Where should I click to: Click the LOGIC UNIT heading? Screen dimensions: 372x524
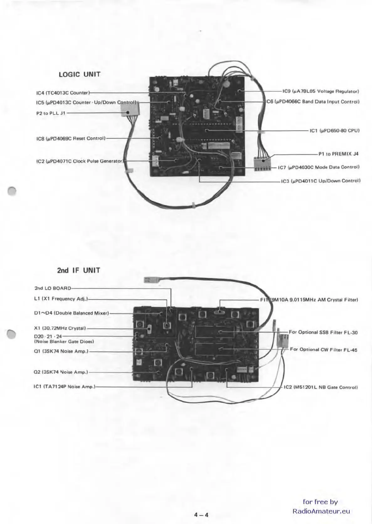pos(80,74)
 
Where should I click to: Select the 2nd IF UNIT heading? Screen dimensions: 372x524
pos(79,270)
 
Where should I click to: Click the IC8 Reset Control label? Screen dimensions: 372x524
pos(71,138)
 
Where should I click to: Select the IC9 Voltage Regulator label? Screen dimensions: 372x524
pos(320,91)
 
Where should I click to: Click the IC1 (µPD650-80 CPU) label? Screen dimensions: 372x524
pos(334,131)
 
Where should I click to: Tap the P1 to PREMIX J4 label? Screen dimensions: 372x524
pos(338,154)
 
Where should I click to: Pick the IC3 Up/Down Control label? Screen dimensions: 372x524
pos(321,181)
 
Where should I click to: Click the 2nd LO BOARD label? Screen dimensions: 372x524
pos(53,288)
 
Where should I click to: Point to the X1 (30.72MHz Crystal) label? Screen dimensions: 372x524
pos(60,328)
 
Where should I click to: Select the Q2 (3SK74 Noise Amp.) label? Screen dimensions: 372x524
pos(61,372)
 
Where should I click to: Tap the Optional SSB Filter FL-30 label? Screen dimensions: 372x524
pos(323,332)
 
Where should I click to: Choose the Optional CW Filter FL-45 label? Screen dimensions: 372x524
pos(323,349)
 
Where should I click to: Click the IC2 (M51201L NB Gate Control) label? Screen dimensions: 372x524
pos(320,387)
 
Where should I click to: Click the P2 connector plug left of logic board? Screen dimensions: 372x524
pos(130,110)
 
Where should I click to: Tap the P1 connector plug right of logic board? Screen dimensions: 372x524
pos(262,163)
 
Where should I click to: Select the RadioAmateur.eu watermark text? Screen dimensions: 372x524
pos(321,511)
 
